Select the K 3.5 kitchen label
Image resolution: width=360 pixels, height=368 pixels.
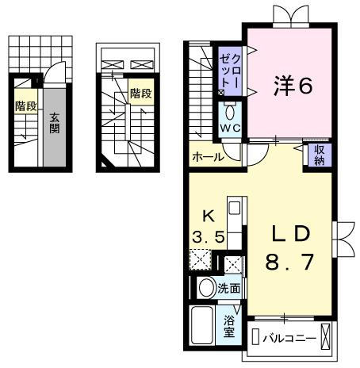(209, 225)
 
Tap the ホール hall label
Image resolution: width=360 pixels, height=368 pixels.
(208, 157)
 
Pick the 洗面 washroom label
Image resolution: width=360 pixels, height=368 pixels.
(230, 289)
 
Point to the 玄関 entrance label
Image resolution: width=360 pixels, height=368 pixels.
(55, 124)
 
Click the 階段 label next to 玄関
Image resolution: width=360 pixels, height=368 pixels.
(25, 105)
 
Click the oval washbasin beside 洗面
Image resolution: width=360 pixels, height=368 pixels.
(206, 289)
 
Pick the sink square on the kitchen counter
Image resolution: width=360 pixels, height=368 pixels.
(234, 210)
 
